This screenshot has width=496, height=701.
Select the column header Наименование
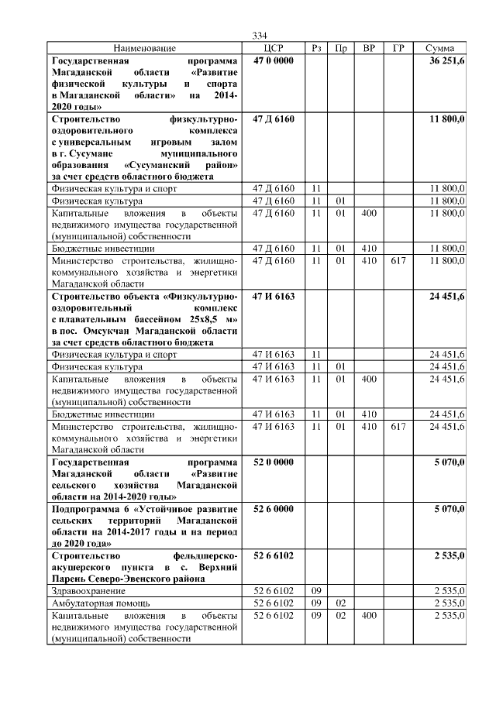(144, 48)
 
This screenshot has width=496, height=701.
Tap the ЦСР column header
(273, 48)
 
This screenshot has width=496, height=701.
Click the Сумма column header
(439, 48)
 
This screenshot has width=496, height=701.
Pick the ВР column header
(369, 48)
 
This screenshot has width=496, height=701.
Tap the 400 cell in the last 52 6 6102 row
(369, 614)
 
